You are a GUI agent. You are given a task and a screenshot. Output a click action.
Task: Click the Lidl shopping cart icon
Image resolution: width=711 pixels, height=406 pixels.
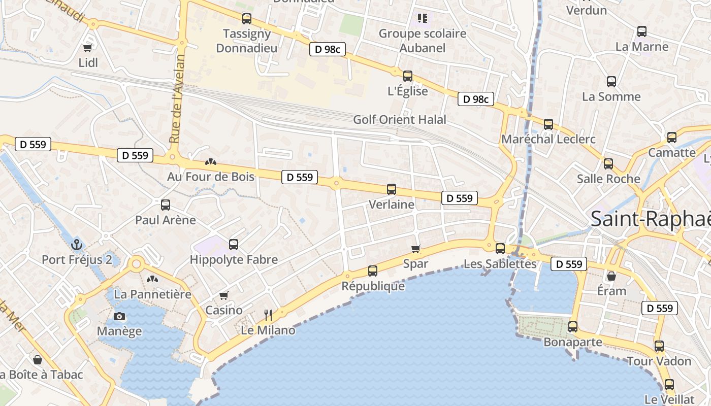coord(88,48)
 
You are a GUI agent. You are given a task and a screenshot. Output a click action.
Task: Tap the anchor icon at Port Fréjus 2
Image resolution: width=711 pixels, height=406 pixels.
coord(77,245)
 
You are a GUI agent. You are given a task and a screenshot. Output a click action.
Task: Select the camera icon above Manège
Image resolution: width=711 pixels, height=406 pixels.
coord(119,316)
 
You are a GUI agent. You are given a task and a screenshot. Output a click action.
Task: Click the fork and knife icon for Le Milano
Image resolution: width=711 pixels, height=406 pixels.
coord(268,315)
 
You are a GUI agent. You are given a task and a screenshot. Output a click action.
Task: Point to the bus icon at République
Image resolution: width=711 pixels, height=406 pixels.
coord(373,270)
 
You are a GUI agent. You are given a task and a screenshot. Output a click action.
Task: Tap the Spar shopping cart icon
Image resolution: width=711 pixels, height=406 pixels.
coord(416,249)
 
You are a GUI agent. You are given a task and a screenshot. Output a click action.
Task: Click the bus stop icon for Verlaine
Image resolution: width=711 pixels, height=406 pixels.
coord(391,189)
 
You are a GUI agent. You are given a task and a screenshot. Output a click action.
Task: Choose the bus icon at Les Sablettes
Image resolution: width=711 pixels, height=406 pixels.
coord(500,248)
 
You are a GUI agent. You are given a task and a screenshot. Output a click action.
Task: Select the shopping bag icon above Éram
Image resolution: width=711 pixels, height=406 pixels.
coord(611,276)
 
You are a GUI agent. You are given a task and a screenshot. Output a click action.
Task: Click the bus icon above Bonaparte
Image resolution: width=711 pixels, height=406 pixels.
coord(573,326)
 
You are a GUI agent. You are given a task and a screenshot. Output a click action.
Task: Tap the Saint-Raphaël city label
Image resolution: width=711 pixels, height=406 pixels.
coord(650,219)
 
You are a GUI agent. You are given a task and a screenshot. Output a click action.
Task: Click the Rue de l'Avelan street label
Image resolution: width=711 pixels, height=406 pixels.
coord(176,99)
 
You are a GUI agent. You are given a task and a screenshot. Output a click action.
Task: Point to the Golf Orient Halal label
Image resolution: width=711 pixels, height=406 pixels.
coord(400,120)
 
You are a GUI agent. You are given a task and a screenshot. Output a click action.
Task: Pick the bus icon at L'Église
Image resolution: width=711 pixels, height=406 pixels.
coord(407,76)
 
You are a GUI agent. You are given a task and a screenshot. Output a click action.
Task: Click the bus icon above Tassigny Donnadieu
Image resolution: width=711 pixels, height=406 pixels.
coord(247,19)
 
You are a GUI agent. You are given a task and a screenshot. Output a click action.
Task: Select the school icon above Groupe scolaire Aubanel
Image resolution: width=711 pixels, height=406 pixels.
coord(422,19)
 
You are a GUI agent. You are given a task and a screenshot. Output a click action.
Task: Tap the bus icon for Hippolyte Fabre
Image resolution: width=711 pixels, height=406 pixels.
coord(234,245)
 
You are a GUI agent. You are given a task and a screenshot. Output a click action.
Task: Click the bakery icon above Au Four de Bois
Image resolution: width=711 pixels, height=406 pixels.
coord(210,162)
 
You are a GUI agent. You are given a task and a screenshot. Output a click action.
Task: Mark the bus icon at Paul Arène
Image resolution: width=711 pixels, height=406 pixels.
coord(166,205)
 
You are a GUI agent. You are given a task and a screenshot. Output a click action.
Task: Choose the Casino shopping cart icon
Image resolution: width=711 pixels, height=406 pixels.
coord(223,295)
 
